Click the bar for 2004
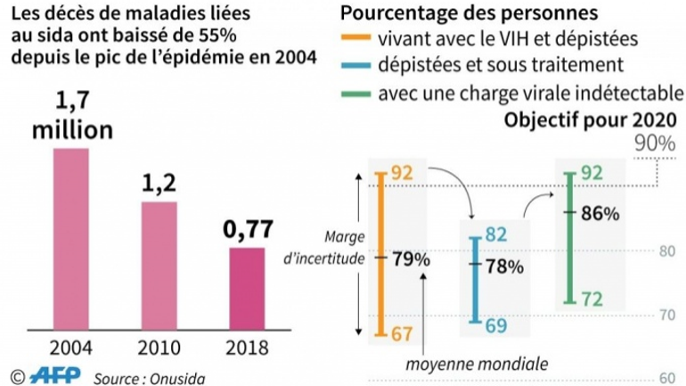72,239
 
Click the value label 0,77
246,230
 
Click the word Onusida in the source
178,375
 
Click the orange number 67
400,333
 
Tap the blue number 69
495,325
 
